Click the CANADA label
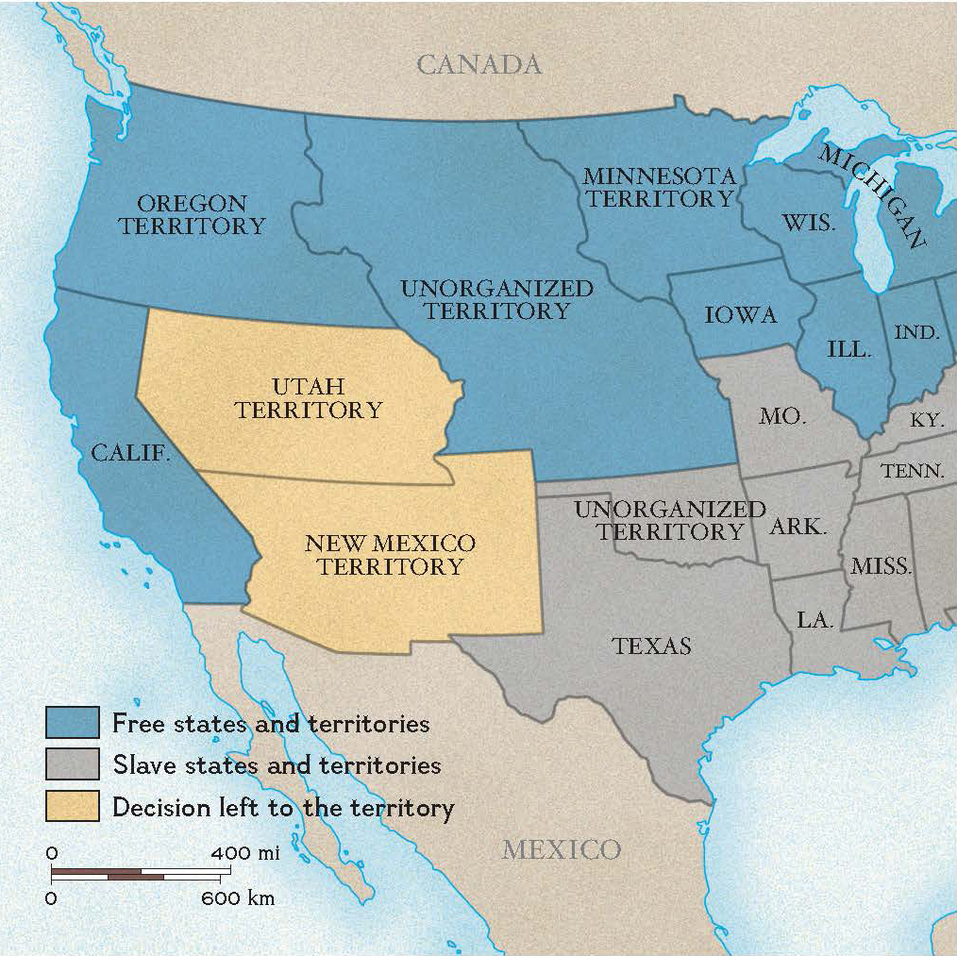point(479,64)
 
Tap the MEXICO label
point(561,849)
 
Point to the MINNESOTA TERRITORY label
point(658,187)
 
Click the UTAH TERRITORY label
point(309,398)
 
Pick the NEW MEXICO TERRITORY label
point(390,555)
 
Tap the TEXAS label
point(651,646)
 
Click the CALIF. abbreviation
point(131,453)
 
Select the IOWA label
point(741,315)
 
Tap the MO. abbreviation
point(782,415)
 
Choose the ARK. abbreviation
point(797,527)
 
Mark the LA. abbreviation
point(814,620)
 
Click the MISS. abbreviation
point(881,566)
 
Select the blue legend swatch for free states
point(72,723)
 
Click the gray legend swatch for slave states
point(72,763)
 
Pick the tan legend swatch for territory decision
point(72,806)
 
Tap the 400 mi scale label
point(244,853)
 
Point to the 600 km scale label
point(237,897)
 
